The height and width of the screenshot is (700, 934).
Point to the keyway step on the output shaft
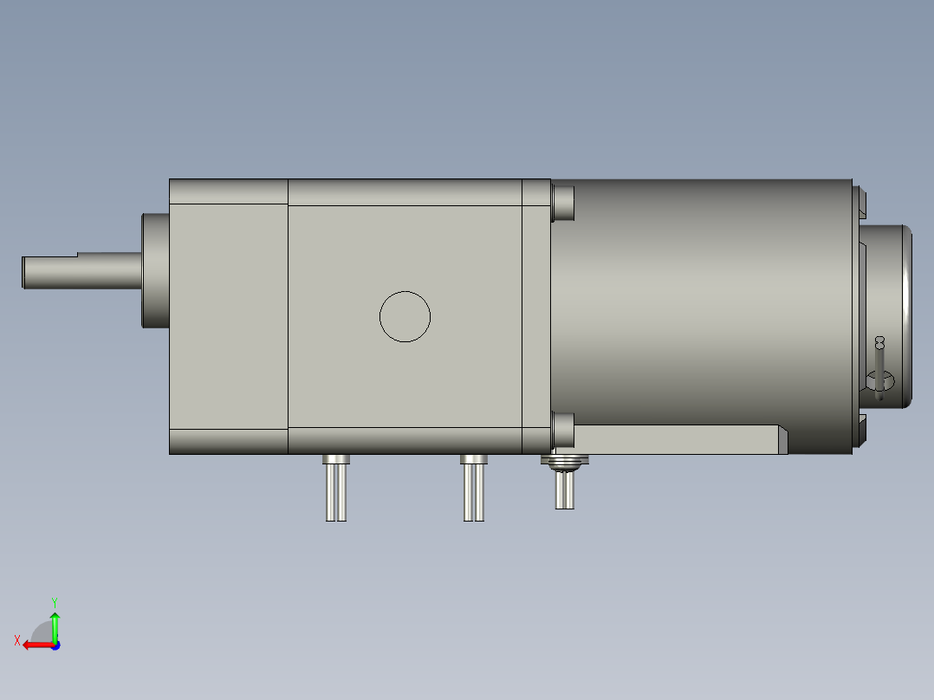[x=78, y=256]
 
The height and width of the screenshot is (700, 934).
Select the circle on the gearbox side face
[x=405, y=316]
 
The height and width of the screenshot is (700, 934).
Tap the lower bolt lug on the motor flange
[x=563, y=428]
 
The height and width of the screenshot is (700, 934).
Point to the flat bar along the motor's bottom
[x=676, y=439]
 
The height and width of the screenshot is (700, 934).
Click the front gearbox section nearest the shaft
[x=228, y=316]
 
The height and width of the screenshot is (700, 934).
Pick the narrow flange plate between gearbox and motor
[x=536, y=316]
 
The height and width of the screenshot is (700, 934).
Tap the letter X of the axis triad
[x=16, y=640]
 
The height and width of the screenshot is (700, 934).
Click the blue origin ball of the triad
[x=55, y=645]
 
